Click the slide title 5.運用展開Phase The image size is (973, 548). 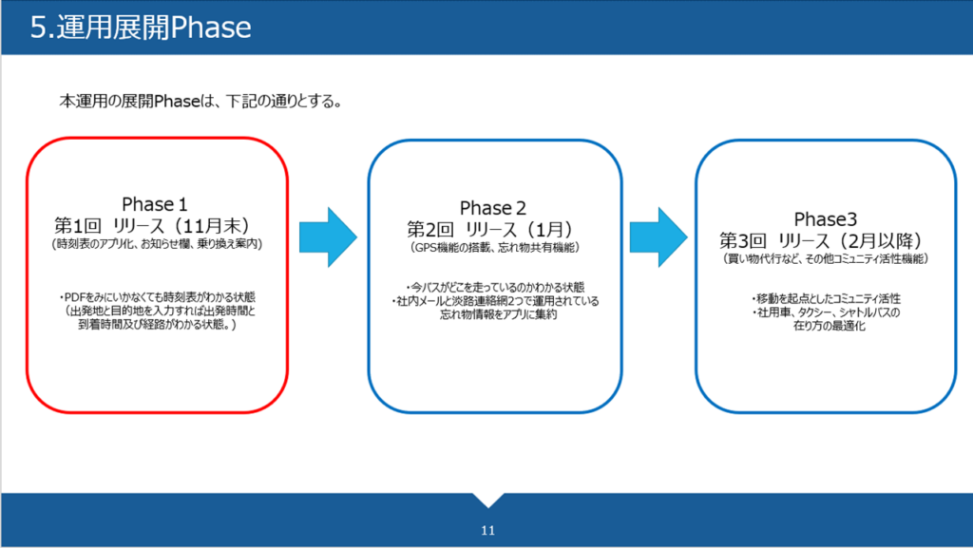pyautogui.click(x=141, y=27)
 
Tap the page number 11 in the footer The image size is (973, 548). pyautogui.click(x=487, y=530)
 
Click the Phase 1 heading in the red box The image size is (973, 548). pyautogui.click(x=148, y=204)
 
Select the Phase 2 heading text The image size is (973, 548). pyautogui.click(x=493, y=208)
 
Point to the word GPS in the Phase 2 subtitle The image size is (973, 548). pyautogui.click(x=424, y=247)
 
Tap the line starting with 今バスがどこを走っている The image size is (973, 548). pyautogui.click(x=494, y=287)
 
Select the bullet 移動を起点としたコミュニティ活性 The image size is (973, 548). pyautogui.click(x=825, y=298)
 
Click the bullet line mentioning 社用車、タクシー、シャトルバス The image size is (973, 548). pyautogui.click(x=825, y=312)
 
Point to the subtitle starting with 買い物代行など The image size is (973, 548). pyautogui.click(x=825, y=258)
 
